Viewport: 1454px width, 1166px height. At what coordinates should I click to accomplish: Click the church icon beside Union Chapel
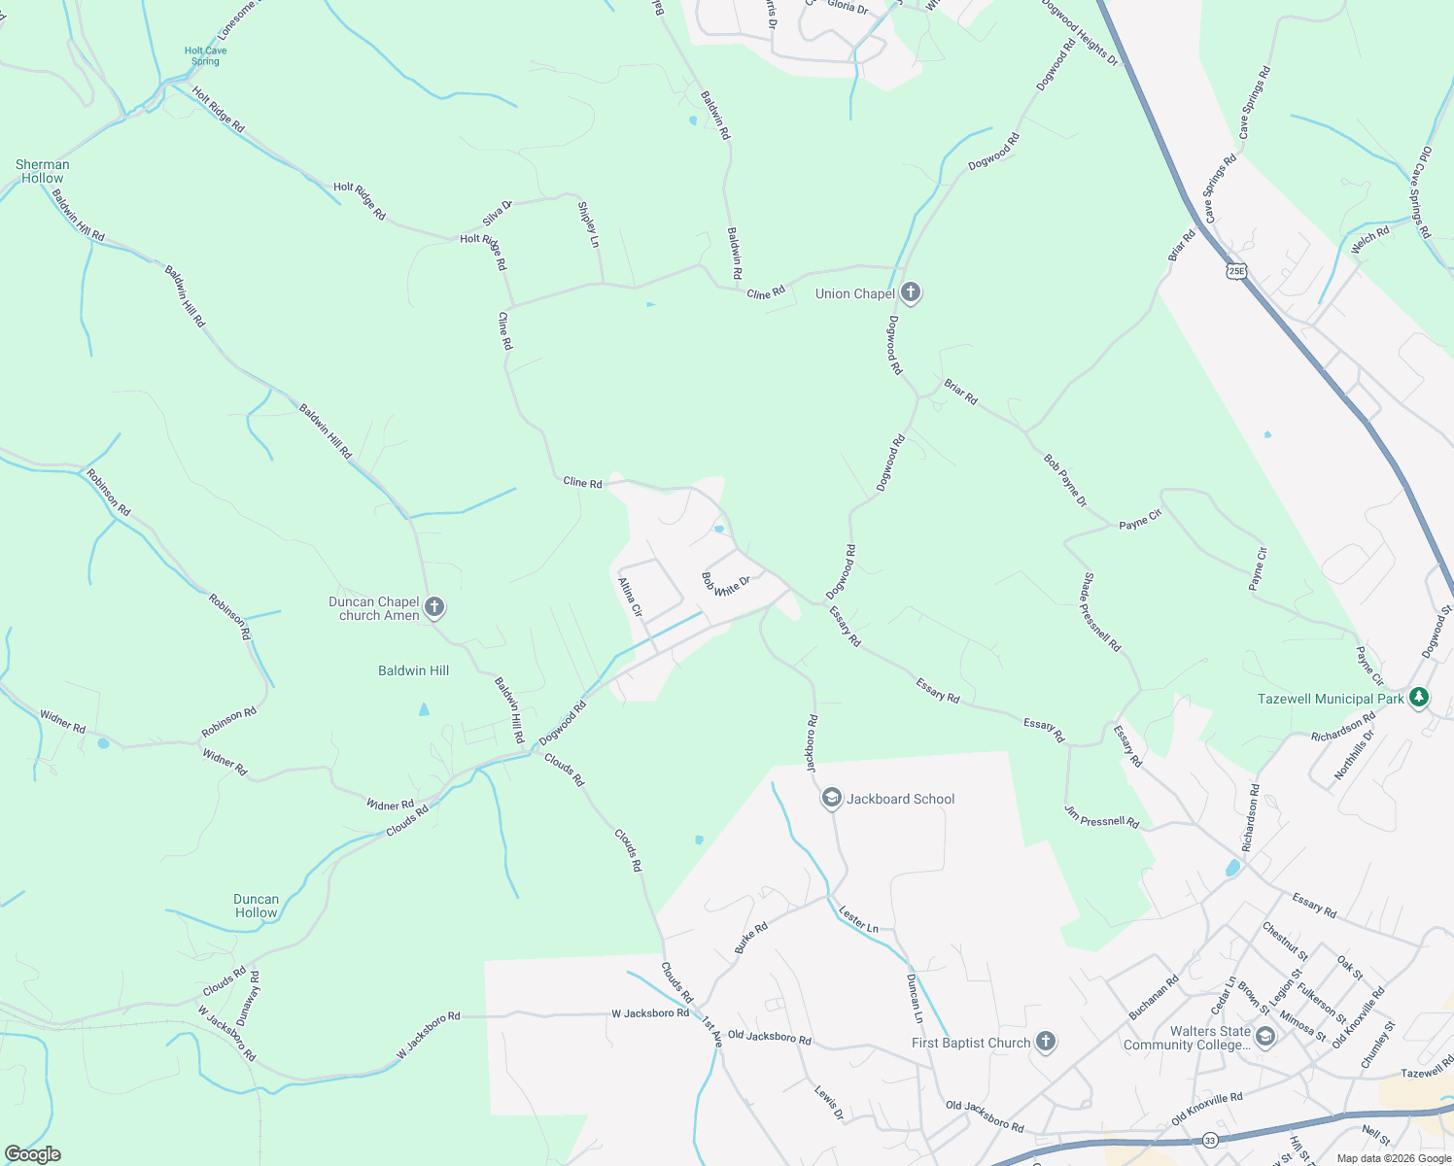click(911, 292)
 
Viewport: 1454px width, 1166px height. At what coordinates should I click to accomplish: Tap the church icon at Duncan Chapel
click(434, 608)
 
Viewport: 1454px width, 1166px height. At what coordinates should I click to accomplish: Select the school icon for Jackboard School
click(831, 799)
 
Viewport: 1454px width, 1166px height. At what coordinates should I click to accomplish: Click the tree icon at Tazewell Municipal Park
click(1419, 698)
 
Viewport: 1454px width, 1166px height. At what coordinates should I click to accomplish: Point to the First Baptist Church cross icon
click(1045, 1043)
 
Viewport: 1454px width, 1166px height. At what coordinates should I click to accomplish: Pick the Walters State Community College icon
click(1264, 1038)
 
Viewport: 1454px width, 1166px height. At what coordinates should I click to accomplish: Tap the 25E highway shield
click(1235, 271)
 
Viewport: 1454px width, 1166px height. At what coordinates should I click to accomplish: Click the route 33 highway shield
click(1210, 1140)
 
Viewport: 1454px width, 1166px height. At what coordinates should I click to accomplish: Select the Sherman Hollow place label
click(43, 171)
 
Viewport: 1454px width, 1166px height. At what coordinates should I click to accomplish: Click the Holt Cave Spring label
click(205, 56)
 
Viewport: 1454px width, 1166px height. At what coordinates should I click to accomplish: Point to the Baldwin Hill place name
click(414, 670)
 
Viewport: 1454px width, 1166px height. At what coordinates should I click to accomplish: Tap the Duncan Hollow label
click(257, 906)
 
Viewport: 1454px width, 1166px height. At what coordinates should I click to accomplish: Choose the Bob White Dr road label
click(726, 585)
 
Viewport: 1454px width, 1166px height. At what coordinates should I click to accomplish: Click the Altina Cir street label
click(631, 598)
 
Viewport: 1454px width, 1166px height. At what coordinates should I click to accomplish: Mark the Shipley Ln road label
click(588, 224)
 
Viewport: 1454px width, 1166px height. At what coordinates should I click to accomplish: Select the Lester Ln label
click(858, 919)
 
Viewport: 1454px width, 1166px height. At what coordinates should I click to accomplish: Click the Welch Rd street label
click(1370, 239)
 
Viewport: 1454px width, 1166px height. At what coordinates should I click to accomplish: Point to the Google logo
click(32, 1154)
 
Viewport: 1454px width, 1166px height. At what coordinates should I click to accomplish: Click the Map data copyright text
click(1394, 1158)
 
